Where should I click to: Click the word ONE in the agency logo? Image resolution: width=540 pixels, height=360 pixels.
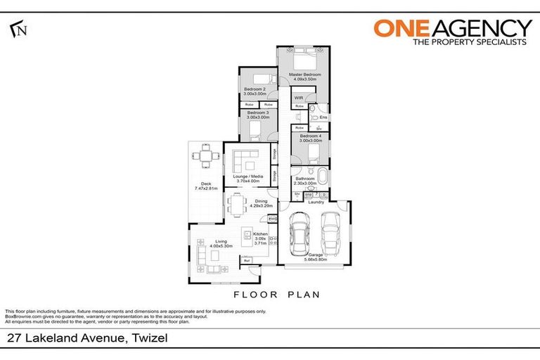click(x=400, y=28)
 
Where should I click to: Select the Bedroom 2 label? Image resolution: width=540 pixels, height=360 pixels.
click(x=255, y=89)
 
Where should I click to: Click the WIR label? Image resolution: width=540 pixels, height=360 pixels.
click(x=298, y=98)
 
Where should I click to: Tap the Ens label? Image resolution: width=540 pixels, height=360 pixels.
click(x=323, y=117)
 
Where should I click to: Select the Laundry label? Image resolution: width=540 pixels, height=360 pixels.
click(x=316, y=202)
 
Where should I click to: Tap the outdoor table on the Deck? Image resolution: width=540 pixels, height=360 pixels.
click(x=205, y=157)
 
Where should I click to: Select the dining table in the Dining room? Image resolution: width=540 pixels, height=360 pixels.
click(x=235, y=205)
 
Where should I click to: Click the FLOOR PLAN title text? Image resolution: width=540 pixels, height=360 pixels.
click(x=276, y=295)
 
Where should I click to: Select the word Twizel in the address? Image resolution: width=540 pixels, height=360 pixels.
click(x=148, y=338)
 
